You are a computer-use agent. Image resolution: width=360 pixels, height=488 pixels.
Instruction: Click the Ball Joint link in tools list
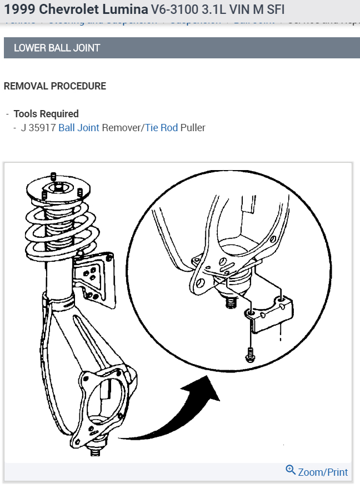(79, 128)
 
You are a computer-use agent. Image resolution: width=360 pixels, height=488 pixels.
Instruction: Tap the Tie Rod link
(162, 128)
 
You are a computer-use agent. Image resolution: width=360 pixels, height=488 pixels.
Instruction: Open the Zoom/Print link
(323, 472)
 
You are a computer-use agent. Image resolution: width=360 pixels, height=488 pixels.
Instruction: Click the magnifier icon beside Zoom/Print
(291, 470)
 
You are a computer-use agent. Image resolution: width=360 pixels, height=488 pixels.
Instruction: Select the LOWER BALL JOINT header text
(57, 48)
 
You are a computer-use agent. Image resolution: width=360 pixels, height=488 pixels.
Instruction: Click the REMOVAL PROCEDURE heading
(54, 86)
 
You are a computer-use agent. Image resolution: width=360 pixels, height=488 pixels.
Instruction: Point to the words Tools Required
(46, 114)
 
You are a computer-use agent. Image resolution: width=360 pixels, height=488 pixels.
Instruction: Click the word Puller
(193, 128)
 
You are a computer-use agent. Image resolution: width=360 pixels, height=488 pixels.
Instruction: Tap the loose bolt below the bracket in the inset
(249, 353)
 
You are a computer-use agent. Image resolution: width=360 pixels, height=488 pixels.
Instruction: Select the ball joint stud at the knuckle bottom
(95, 450)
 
